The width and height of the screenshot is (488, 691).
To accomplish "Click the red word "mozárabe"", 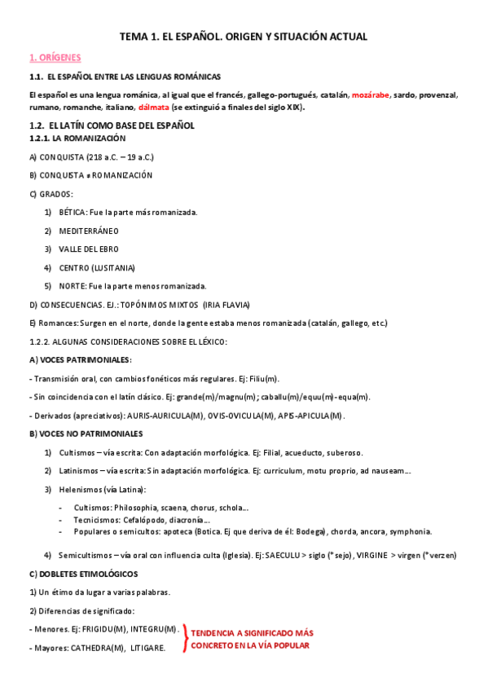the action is [x=371, y=95].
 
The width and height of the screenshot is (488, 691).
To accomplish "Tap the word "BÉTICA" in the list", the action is [x=72, y=212].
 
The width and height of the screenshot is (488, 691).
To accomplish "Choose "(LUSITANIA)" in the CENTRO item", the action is [x=112, y=267].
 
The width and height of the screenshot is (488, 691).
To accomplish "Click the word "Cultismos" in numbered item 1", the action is [x=77, y=452].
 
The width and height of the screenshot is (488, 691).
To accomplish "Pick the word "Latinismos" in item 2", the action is [x=80, y=471].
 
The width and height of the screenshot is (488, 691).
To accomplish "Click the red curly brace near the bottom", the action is [x=185, y=638].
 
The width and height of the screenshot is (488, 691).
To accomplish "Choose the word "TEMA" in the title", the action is [x=133, y=37].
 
